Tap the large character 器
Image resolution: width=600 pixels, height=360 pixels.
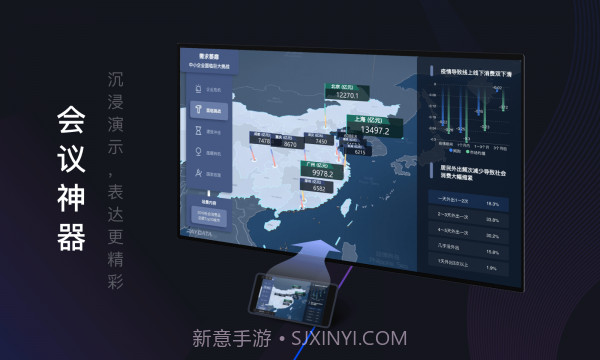pyautogui.click(x=69, y=236)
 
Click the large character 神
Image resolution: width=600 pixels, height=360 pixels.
pyautogui.click(x=69, y=198)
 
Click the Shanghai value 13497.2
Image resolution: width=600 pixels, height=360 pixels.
pyautogui.click(x=372, y=129)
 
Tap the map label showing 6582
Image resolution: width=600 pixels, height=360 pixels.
pyautogui.click(x=319, y=187)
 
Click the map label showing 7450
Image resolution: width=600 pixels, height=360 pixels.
pyautogui.click(x=321, y=142)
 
